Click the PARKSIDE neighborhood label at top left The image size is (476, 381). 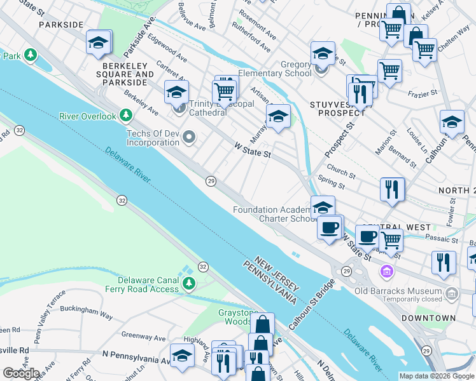coord(61,24)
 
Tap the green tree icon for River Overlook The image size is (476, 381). coord(127,116)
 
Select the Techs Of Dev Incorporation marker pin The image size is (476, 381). coord(189,137)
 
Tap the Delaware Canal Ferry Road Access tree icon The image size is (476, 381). coord(189,283)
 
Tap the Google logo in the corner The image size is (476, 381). coord(21,373)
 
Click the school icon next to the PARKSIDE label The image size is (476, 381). coord(99,43)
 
